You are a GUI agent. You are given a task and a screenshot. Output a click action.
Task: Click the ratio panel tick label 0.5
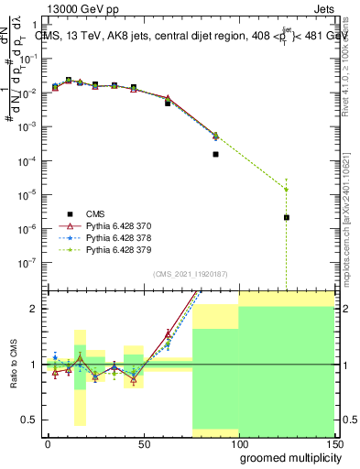pyautogui.click(x=28, y=420)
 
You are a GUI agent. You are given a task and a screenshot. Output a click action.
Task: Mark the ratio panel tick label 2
pyautogui.click(x=33, y=309)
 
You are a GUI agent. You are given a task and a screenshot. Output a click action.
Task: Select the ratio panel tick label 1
pyautogui.click(x=33, y=365)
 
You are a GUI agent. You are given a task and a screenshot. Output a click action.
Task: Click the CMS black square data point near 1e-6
pyautogui.click(x=287, y=217)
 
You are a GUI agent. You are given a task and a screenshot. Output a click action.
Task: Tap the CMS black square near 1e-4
pyautogui.click(x=215, y=154)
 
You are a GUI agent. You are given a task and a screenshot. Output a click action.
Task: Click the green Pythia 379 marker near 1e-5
pyautogui.click(x=287, y=190)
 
